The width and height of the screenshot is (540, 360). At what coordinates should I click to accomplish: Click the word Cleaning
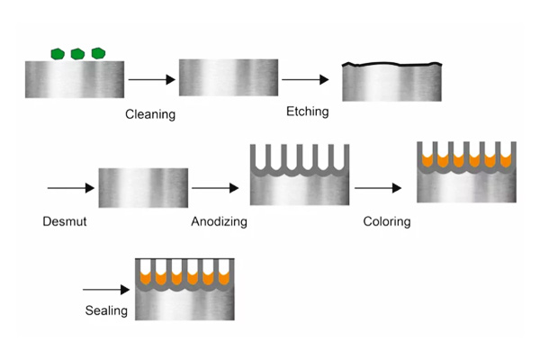[149, 115]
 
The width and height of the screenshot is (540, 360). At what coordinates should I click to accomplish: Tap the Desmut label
[64, 220]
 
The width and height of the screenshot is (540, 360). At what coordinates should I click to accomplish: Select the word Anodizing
[219, 220]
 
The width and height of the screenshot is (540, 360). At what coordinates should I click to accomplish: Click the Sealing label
[106, 310]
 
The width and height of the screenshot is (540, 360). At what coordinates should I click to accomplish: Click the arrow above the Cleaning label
[150, 80]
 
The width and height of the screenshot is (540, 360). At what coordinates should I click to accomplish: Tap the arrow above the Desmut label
[70, 188]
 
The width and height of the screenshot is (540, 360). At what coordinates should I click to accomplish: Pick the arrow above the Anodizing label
[214, 188]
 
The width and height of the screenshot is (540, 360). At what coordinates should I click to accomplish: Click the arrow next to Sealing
[105, 290]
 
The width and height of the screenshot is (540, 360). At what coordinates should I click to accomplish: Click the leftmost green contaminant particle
[58, 54]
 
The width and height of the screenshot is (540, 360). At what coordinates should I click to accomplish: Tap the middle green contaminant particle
[77, 54]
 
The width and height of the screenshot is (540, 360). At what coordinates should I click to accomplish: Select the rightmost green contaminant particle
[98, 54]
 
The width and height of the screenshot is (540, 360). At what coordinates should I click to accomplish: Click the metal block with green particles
[75, 78]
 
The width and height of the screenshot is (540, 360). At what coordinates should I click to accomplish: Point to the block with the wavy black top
[392, 82]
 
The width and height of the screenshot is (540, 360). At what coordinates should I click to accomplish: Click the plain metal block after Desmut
[143, 187]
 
